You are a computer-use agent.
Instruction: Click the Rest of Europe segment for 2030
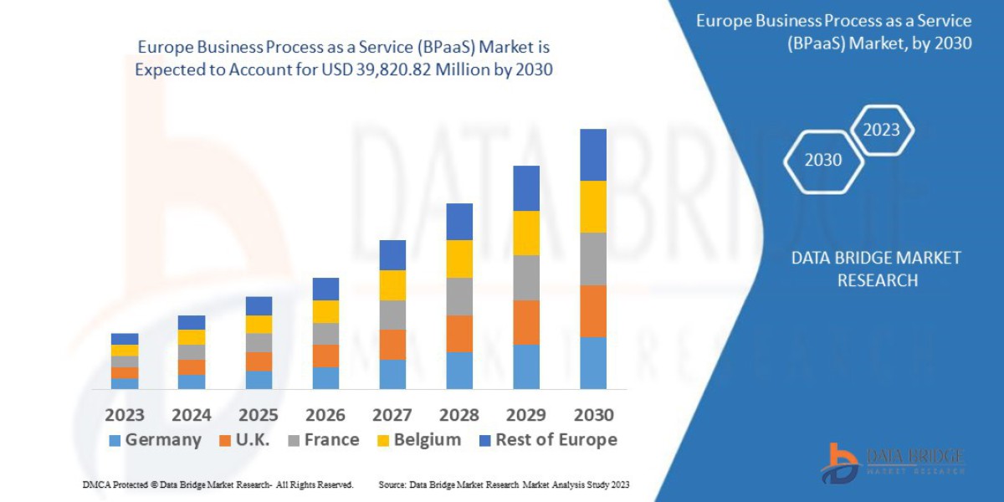593,155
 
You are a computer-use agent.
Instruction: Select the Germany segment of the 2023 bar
125,383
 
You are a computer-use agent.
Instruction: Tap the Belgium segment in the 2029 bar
526,233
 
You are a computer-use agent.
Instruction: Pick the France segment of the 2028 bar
459,296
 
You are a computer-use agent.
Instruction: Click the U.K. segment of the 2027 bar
392,345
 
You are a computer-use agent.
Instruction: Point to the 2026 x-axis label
325,415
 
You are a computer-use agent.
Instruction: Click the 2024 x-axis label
192,415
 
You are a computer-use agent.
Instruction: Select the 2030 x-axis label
593,415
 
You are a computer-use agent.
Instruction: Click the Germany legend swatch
115,440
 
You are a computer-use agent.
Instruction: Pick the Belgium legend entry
418,440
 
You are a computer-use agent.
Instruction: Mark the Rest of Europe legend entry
547,440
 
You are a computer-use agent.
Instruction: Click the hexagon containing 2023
881,130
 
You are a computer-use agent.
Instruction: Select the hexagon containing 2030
823,160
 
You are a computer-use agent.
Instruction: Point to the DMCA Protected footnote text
218,485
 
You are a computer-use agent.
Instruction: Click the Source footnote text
504,485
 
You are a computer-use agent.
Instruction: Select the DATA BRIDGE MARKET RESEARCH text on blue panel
876,269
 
